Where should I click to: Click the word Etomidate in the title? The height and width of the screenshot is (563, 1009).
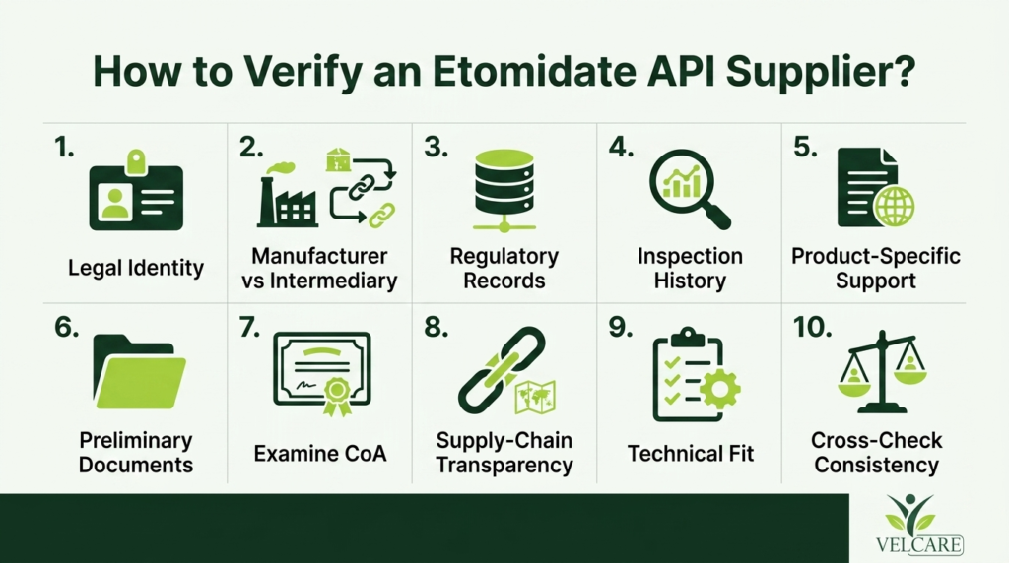(x=535, y=72)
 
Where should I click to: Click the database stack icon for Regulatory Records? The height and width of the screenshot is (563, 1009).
(x=504, y=190)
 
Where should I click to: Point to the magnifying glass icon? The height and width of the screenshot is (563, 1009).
(x=689, y=189)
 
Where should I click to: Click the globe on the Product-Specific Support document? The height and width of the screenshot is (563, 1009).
(x=894, y=206)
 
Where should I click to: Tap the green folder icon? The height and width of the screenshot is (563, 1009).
(x=139, y=372)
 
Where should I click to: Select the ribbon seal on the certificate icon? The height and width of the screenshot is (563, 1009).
(x=337, y=396)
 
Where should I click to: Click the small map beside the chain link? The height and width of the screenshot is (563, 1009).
(x=535, y=397)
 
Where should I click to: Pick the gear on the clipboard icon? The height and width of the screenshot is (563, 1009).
(x=719, y=388)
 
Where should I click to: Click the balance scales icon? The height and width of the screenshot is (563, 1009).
(x=882, y=371)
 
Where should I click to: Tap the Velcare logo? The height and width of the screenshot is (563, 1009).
(x=919, y=525)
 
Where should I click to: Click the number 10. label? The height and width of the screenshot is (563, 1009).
(x=812, y=327)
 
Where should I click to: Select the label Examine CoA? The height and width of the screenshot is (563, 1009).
(x=320, y=453)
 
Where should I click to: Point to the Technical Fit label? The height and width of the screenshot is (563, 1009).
(x=691, y=453)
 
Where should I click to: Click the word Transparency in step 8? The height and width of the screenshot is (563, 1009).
(x=504, y=465)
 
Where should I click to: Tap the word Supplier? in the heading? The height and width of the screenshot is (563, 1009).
(x=821, y=72)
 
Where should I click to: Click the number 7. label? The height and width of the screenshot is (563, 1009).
(x=249, y=327)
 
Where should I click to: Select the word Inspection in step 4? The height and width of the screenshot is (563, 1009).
(x=690, y=257)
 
